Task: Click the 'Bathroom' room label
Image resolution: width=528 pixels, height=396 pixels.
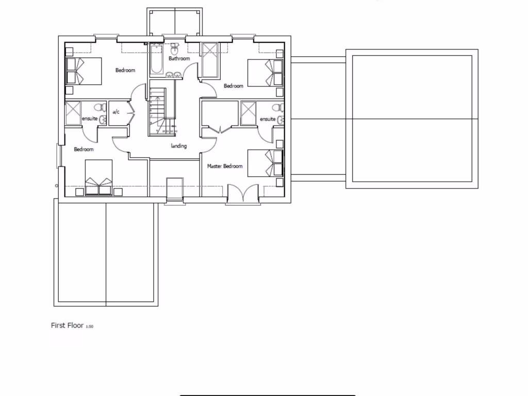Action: (179, 59)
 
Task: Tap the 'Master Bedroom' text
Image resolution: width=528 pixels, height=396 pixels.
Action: (225, 167)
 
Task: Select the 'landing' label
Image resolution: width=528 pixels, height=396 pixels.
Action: (179, 146)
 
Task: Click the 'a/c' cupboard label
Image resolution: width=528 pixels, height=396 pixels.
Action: (116, 112)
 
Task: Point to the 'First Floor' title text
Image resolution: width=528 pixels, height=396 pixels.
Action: (67, 325)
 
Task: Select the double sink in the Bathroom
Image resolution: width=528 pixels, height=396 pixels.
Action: (173, 75)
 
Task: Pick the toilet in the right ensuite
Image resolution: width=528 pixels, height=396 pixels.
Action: (277, 108)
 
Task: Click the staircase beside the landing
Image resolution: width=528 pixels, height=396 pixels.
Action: (157, 111)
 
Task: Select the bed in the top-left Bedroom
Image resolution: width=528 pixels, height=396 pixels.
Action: (83, 71)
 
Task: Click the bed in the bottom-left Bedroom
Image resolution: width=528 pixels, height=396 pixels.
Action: (98, 178)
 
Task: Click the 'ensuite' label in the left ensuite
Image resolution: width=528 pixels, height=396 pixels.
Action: (90, 119)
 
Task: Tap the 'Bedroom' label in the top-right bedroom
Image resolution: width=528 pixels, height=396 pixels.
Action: (233, 86)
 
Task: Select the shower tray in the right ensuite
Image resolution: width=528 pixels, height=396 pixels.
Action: (249, 113)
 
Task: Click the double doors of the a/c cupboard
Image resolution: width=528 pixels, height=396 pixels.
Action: (130, 112)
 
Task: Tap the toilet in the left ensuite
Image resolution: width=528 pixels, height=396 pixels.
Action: (97, 108)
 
